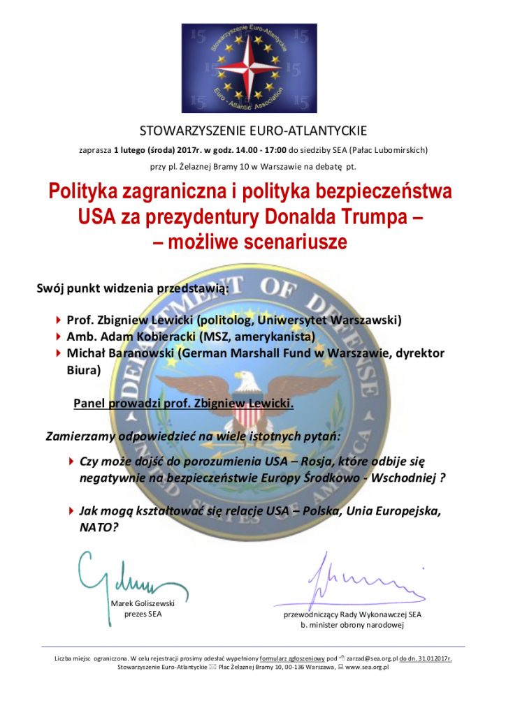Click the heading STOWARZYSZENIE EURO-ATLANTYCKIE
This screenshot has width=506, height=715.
(253, 131)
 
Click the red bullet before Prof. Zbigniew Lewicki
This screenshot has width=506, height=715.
(59, 320)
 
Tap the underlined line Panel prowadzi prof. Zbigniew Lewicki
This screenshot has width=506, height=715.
(184, 404)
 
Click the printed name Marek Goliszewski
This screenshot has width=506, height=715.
(143, 603)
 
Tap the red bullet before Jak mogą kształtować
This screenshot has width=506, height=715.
(71, 511)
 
